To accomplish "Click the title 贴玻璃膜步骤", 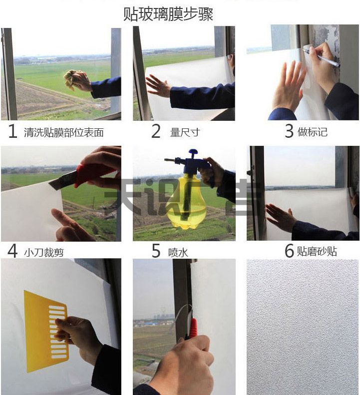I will (x=168, y=14).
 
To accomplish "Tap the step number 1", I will (x=13, y=132).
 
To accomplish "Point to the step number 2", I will (x=156, y=132).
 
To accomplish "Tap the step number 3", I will (x=289, y=131).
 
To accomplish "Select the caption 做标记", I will (x=313, y=132).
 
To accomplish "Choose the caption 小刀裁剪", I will (x=44, y=252).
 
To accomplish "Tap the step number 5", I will (x=156, y=251).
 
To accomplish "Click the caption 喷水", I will (x=178, y=252).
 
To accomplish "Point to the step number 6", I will (x=289, y=251).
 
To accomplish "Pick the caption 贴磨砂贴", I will (x=317, y=251).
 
